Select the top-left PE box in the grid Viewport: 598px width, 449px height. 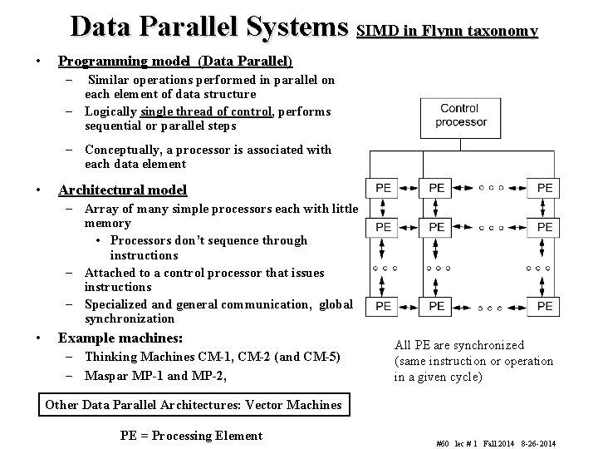coord(384,189)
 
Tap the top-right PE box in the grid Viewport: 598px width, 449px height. coord(545,189)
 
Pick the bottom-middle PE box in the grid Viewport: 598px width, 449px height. coord(437,307)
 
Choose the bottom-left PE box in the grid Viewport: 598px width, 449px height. coord(384,307)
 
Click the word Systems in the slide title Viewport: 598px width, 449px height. coord(295,27)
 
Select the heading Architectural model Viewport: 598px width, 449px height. coord(122,190)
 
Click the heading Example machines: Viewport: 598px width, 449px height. coord(120,338)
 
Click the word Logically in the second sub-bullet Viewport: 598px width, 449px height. coord(110,111)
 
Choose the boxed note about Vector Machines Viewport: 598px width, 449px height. coord(194,405)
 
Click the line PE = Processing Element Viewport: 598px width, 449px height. coord(191,436)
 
